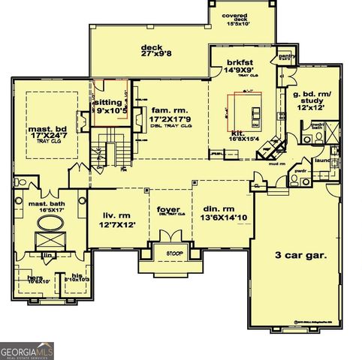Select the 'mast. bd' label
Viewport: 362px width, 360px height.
click(49, 130)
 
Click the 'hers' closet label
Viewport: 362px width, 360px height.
click(35, 277)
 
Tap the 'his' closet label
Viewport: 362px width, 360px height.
click(76, 274)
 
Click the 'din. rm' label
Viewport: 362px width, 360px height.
click(220, 209)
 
